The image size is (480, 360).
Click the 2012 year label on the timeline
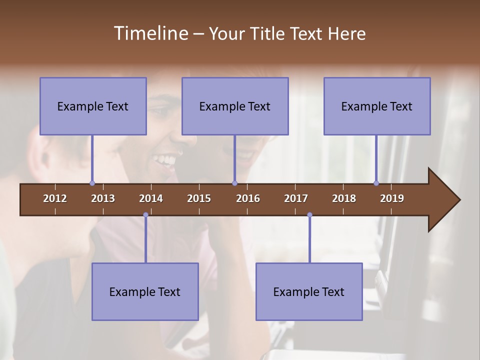tap(55, 198)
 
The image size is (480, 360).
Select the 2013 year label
tap(103, 198)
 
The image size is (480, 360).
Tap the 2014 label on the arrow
tap(151, 198)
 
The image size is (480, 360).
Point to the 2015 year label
tap(199, 198)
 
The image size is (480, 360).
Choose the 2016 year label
tap(248, 198)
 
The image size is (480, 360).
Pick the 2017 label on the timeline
tap(296, 198)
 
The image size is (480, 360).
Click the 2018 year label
tap(344, 198)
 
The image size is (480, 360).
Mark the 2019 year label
tap(392, 198)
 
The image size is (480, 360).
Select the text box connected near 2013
tap(93, 106)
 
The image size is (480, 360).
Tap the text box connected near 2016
tap(235, 106)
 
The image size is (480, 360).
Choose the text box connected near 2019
tap(377, 106)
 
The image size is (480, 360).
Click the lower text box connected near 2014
tap(145, 291)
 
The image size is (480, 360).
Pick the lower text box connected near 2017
tap(309, 291)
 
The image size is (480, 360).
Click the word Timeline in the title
tap(150, 33)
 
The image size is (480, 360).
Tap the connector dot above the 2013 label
tap(92, 183)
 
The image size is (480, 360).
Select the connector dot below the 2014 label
tap(145, 215)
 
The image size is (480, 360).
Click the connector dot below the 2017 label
tap(309, 215)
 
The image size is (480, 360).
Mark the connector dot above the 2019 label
tap(376, 183)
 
